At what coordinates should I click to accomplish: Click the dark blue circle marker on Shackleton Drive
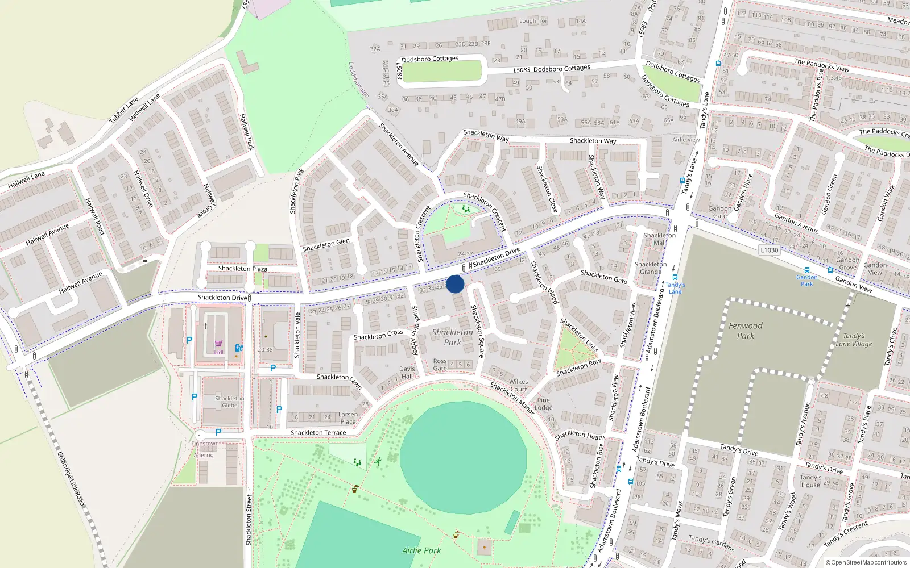455,284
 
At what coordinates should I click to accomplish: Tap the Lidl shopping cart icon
219,344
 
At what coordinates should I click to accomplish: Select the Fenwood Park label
746,331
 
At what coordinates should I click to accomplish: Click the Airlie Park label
421,550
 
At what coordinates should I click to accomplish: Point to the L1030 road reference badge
769,250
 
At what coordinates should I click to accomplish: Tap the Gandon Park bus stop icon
806,270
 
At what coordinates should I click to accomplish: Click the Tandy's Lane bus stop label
675,288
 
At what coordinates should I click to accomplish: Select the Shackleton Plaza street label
243,269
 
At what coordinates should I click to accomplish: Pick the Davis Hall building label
407,373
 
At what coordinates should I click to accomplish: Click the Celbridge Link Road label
72,479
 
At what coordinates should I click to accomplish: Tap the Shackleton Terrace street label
318,433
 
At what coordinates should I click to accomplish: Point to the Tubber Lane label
124,110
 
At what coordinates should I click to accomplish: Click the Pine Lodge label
544,404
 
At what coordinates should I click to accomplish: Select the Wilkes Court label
518,385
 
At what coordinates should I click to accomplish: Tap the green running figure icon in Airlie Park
378,461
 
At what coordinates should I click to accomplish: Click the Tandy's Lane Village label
854,340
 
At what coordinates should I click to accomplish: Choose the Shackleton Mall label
660,239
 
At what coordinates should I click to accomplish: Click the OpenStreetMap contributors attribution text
867,563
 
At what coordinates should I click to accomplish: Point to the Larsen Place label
348,418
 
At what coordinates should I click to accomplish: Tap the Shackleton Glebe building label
230,402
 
